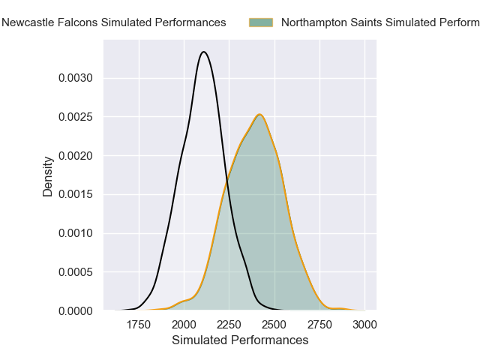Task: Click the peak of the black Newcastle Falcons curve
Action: point(204,52)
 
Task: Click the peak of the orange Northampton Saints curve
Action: point(259,115)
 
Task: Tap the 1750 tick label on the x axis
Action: point(139,324)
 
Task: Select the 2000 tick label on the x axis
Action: point(184,324)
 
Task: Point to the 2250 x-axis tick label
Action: point(229,324)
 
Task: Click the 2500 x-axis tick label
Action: point(274,324)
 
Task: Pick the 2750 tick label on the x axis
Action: point(319,324)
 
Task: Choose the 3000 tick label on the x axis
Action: point(364,324)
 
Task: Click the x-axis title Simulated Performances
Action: point(240,340)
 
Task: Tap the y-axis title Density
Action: point(48,176)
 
